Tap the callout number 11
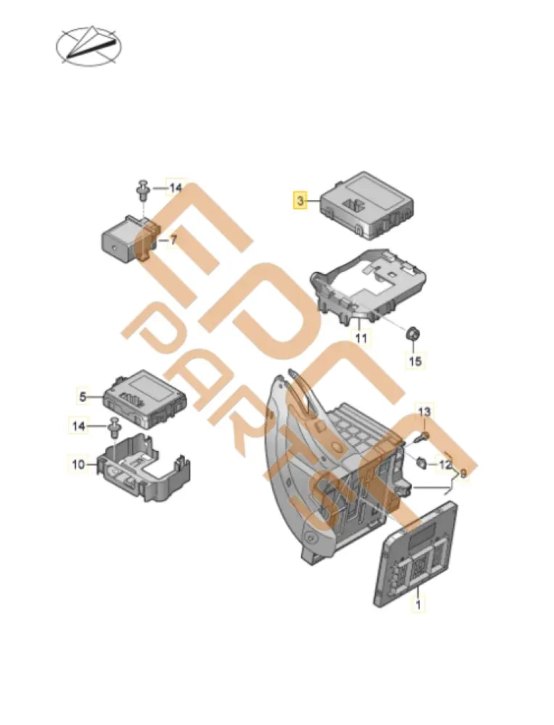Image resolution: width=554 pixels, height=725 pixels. [361, 338]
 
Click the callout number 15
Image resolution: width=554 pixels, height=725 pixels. [415, 360]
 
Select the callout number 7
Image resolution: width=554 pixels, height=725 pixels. [173, 239]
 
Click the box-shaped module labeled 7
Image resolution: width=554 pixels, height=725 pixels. [123, 239]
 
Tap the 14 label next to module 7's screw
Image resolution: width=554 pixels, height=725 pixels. [175, 188]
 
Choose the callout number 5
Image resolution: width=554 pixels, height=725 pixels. [83, 397]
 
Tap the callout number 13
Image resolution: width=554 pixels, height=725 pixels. [425, 412]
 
